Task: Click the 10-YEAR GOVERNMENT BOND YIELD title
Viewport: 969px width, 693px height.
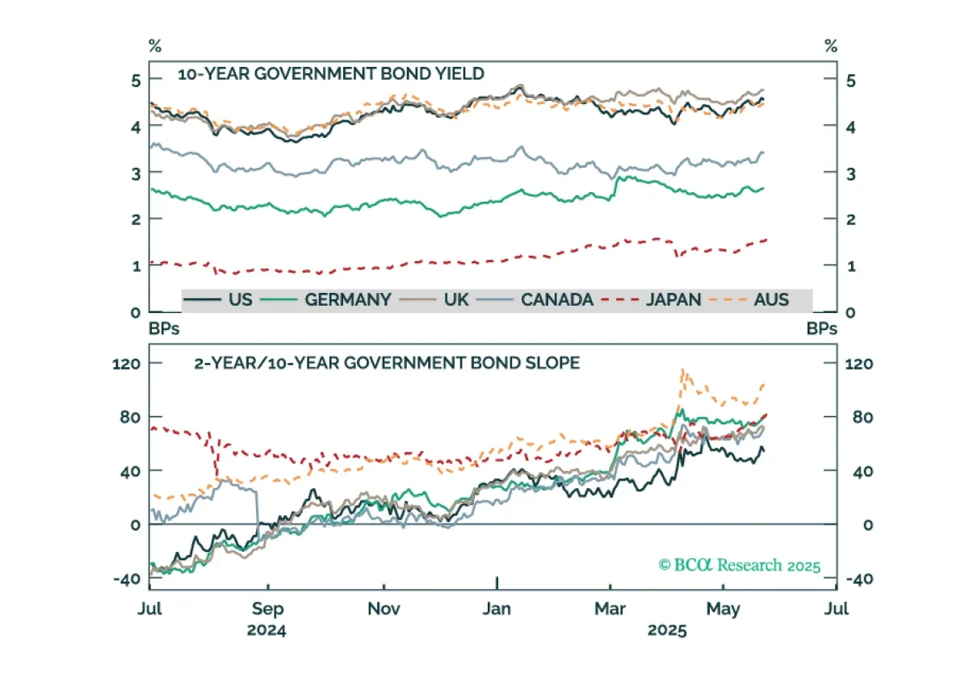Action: [x=331, y=74]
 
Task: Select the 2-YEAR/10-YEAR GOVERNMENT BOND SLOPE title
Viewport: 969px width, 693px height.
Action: [x=387, y=363]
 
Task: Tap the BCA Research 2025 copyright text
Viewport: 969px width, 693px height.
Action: [x=740, y=566]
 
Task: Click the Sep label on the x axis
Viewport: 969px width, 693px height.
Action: [x=268, y=610]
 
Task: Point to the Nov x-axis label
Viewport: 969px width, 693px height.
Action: [x=384, y=609]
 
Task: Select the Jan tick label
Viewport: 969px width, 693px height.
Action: [x=497, y=609]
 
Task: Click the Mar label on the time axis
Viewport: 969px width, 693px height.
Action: [x=610, y=609]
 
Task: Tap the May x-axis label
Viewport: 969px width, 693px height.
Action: [x=724, y=610]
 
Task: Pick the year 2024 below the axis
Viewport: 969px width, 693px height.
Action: [x=266, y=630]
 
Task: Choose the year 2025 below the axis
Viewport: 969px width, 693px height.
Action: [x=667, y=630]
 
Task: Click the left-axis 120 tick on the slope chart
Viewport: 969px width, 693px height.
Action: [x=126, y=364]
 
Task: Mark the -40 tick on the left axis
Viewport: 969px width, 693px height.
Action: [x=127, y=579]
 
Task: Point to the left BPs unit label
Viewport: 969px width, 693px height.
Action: [x=164, y=329]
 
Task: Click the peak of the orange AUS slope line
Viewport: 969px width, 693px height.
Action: [x=682, y=369]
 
